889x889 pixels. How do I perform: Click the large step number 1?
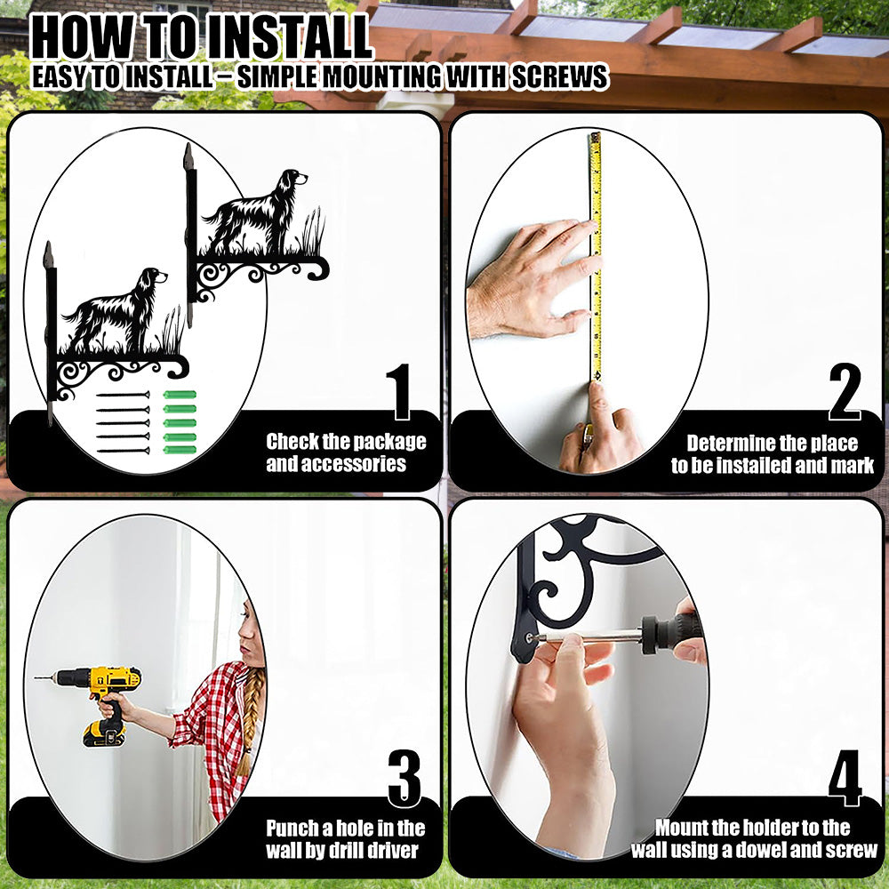400,392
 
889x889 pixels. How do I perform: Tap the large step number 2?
845,392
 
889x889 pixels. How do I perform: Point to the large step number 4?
845,778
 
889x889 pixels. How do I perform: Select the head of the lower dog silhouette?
153,278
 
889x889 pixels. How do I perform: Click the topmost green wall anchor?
180,395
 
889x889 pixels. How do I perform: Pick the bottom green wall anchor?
180,450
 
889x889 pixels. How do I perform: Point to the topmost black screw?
123,395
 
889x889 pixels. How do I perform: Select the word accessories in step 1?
336,464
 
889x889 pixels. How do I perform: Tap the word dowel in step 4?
777,850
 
